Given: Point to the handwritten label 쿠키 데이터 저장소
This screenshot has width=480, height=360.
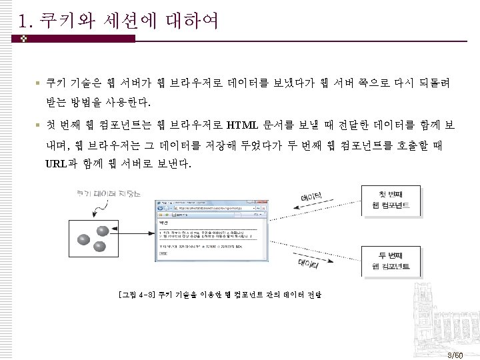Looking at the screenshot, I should (109, 194).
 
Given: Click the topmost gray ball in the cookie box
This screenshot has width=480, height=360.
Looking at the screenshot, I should (103, 231).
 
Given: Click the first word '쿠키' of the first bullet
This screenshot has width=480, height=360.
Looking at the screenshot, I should (54, 84).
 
